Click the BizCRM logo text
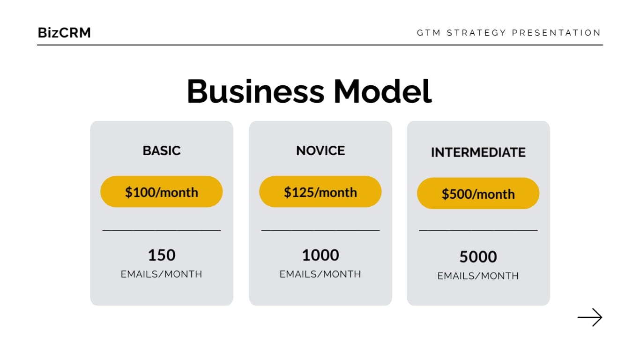pyautogui.click(x=64, y=33)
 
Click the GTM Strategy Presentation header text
pyautogui.click(x=509, y=33)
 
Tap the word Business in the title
pyautogui.click(x=255, y=91)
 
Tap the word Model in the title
pyautogui.click(x=382, y=91)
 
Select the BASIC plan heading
pyautogui.click(x=162, y=150)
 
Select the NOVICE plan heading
pyautogui.click(x=320, y=150)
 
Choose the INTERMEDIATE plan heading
pyautogui.click(x=478, y=152)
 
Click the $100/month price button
pyautogui.click(x=162, y=192)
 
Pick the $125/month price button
pyautogui.click(x=320, y=192)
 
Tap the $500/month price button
pyautogui.click(x=478, y=194)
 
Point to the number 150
pyautogui.click(x=162, y=255)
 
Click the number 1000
pyautogui.click(x=320, y=255)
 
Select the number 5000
pyautogui.click(x=478, y=257)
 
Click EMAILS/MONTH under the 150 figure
pyautogui.click(x=162, y=274)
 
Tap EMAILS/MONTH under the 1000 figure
pyautogui.click(x=320, y=274)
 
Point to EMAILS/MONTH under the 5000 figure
pyautogui.click(x=478, y=276)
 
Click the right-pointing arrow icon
pyautogui.click(x=589, y=317)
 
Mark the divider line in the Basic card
pyautogui.click(x=162, y=230)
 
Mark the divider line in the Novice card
pyautogui.click(x=320, y=230)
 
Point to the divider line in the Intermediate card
pyautogui.click(x=478, y=230)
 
